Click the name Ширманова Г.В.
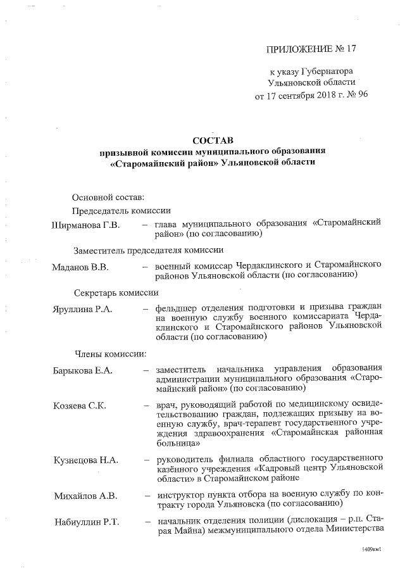[x=90, y=224]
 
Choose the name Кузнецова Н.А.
[x=87, y=460]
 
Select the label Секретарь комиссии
[x=116, y=293]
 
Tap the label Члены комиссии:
[x=111, y=353]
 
